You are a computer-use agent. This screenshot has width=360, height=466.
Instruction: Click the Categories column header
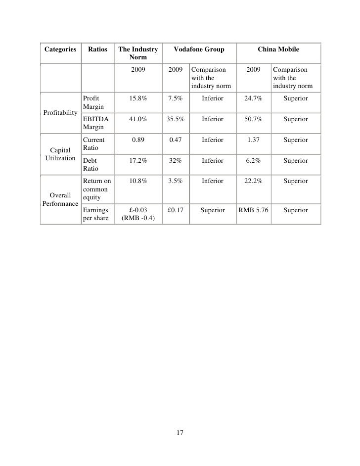[60, 49]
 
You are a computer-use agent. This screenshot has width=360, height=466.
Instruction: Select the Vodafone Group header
[201, 49]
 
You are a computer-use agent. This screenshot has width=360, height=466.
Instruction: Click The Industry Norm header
[138, 53]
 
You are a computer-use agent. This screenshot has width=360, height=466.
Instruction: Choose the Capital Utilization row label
[60, 154]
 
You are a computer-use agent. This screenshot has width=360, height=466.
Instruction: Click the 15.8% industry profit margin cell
[138, 99]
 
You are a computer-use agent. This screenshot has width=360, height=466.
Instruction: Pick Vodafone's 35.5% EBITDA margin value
[176, 120]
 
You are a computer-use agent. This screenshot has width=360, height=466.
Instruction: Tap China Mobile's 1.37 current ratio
[253, 140]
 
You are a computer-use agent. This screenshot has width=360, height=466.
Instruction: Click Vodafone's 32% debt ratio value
[176, 161]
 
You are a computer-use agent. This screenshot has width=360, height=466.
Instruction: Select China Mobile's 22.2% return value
[253, 182]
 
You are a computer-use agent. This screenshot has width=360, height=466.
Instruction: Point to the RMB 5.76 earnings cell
[253, 210]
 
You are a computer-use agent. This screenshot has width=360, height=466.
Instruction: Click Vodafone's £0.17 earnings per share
[176, 210]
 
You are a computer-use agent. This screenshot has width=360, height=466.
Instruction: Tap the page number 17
[180, 433]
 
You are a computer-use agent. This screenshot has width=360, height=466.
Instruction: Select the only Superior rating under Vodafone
[212, 210]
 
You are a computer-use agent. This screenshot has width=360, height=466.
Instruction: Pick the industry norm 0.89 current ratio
[138, 140]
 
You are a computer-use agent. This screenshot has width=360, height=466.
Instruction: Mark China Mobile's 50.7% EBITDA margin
[253, 120]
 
